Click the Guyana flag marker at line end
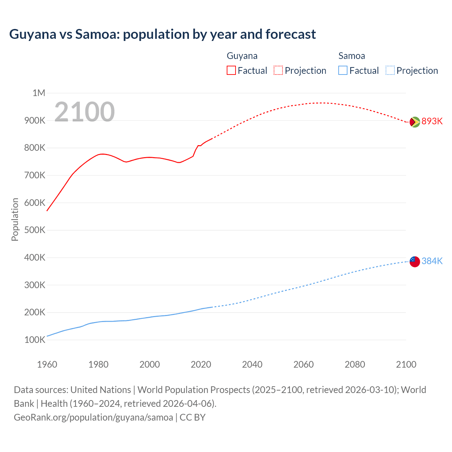[415, 122]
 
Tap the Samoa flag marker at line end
[415, 262]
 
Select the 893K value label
[432, 121]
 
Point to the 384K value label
[432, 261]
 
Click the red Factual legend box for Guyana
[231, 70]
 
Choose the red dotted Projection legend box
[278, 70]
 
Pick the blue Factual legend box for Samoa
[343, 70]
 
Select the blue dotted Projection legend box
[390, 70]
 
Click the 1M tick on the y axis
[39, 93]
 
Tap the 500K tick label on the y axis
[35, 230]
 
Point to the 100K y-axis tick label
[35, 340]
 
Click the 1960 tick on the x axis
[47, 364]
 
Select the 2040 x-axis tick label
[252, 364]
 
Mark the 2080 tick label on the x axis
[355, 364]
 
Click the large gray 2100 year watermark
[84, 112]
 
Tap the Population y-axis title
[15, 219]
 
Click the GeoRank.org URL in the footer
[93, 417]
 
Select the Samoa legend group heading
[351, 56]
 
